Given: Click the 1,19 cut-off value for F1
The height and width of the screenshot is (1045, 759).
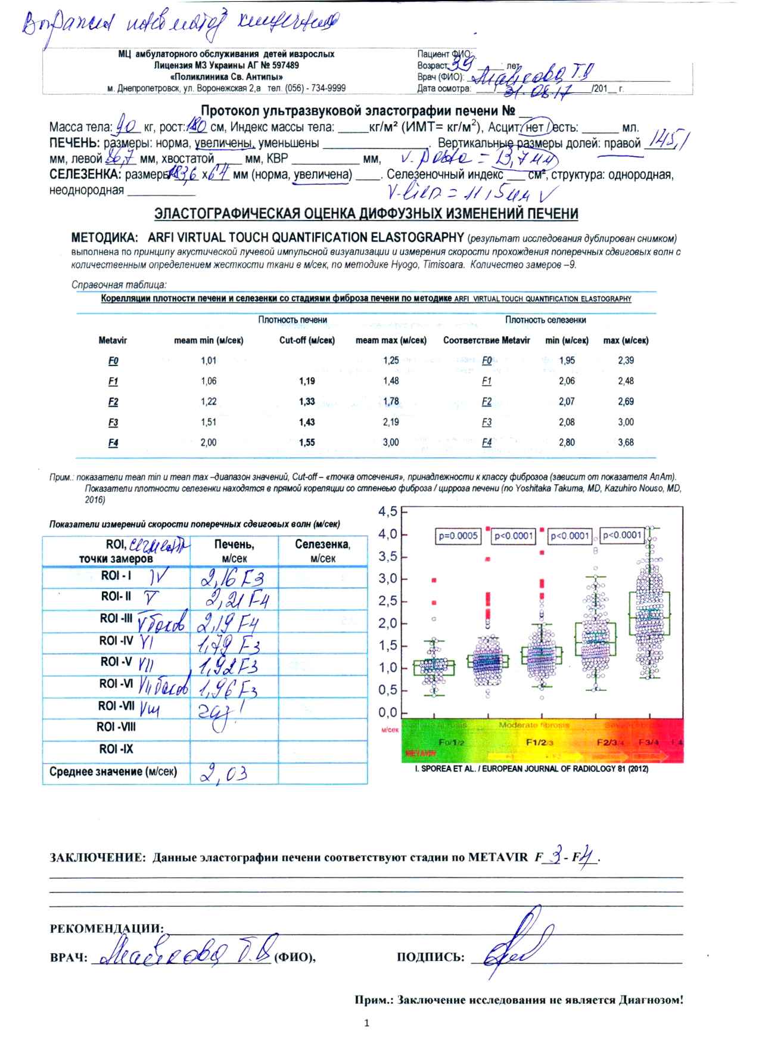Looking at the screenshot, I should coord(307,382).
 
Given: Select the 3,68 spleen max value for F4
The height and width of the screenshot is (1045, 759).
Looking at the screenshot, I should coord(626,443).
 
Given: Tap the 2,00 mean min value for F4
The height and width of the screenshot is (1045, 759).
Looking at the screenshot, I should coord(209,443).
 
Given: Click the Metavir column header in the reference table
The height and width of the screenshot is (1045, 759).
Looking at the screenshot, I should coord(113,341).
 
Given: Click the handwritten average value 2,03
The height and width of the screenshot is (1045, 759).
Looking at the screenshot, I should coord(223,773).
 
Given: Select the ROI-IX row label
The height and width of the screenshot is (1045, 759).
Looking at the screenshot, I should coord(116,749).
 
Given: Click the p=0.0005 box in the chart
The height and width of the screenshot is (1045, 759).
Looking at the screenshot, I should coord(458,536).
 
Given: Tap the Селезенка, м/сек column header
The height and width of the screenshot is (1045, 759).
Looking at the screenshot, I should coord(322,551).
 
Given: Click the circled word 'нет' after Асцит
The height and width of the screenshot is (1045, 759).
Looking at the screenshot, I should coord(530,127).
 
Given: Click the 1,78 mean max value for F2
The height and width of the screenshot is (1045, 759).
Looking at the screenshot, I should coord(391,402).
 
